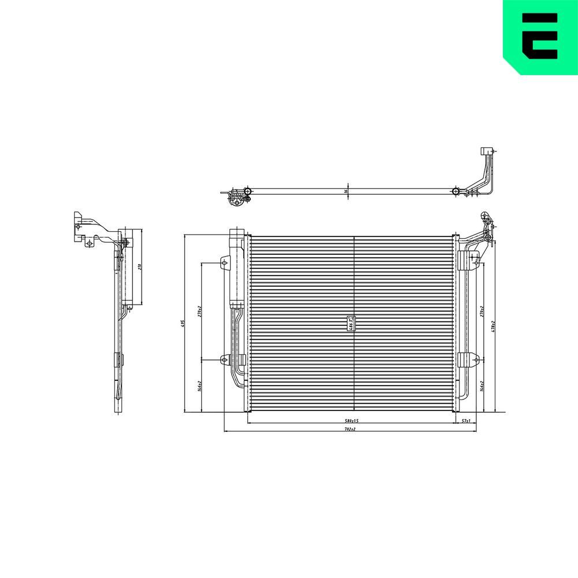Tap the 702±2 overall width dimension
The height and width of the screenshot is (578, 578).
(349, 429)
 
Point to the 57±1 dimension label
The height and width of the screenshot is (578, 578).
(466, 421)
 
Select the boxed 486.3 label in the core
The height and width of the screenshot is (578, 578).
(350, 323)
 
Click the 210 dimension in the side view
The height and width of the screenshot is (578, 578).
(139, 267)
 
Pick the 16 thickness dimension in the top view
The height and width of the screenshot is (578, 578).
(346, 191)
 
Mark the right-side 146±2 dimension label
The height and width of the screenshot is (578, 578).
(482, 386)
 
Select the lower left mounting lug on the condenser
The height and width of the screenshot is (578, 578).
(225, 360)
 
